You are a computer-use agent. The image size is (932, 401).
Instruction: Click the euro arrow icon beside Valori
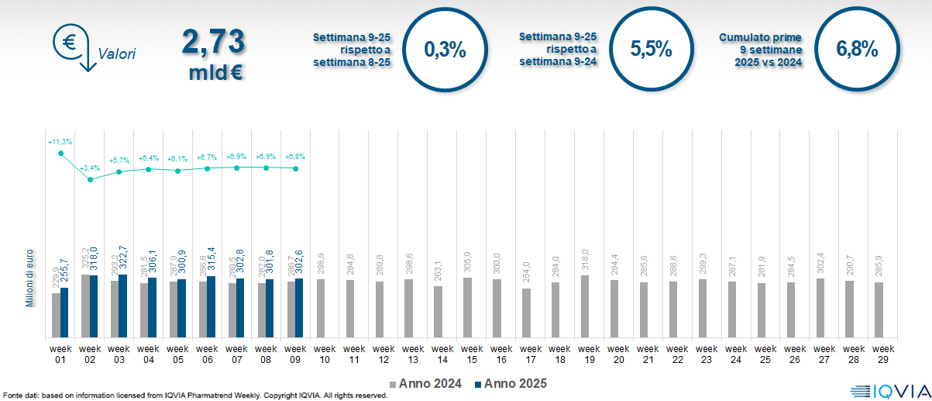tap(71, 47)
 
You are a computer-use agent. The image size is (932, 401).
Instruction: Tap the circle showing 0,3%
tap(445, 50)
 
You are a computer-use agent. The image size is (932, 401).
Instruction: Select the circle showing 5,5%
tap(651, 49)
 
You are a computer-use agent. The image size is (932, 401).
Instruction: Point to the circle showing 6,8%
tap(857, 49)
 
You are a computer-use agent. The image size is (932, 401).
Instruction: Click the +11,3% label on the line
tap(60, 142)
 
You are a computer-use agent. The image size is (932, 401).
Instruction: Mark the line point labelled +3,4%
tap(90, 179)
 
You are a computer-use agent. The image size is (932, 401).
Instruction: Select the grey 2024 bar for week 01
tap(56, 315)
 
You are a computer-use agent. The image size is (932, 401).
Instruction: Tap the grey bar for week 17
tap(526, 313)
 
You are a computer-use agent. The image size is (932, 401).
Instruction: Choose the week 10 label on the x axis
tap(325, 354)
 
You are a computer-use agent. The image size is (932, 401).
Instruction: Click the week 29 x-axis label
tap(882, 354)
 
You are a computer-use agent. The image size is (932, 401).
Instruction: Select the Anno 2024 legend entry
tap(426, 383)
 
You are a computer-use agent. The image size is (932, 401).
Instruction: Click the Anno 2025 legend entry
tap(511, 383)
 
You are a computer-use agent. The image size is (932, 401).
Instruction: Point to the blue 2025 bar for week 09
tap(299, 308)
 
